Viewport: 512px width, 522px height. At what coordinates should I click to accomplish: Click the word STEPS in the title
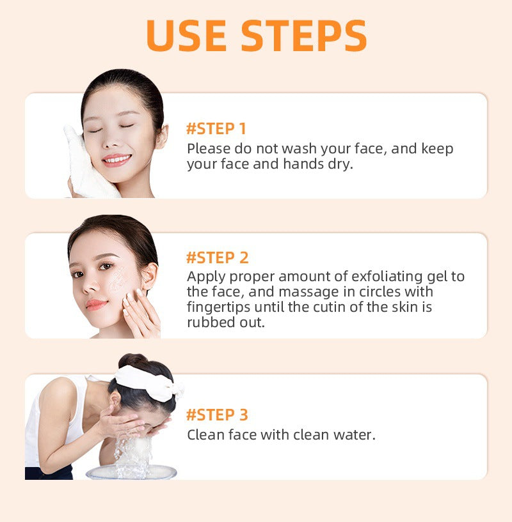[x=304, y=36]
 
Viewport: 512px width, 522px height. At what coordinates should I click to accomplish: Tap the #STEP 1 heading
[x=216, y=128]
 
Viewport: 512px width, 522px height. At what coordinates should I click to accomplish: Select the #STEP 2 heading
[x=217, y=258]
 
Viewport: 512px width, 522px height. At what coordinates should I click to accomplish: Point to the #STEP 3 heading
[x=217, y=415]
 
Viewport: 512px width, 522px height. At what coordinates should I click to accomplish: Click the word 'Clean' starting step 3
[x=205, y=435]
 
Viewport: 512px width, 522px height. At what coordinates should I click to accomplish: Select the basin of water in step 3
[x=131, y=472]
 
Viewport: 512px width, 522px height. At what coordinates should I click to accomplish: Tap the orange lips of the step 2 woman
[x=96, y=304]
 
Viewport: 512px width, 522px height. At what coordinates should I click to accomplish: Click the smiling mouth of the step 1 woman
[x=116, y=158]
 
